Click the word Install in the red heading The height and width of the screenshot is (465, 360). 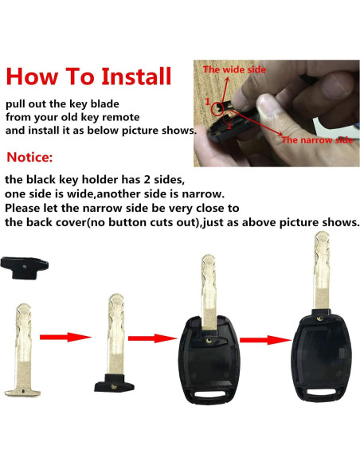point(136,76)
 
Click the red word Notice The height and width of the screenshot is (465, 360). point(29,157)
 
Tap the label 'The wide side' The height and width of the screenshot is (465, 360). point(234,70)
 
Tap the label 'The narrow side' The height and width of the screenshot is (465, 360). point(317,140)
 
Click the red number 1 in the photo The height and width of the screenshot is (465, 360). point(208,102)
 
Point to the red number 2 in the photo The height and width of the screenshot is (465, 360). point(229,127)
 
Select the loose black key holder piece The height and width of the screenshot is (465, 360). point(25,268)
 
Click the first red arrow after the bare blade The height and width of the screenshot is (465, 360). point(65,337)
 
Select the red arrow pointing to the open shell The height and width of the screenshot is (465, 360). point(152,338)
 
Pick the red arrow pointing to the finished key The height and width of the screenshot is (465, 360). point(265,340)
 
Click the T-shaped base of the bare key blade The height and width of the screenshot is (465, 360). point(22,393)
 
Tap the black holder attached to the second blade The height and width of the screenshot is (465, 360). point(114,383)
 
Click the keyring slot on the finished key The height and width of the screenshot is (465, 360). point(321,393)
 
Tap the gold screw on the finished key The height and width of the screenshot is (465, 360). point(319,318)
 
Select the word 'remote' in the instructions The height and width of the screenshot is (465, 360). point(121,117)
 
